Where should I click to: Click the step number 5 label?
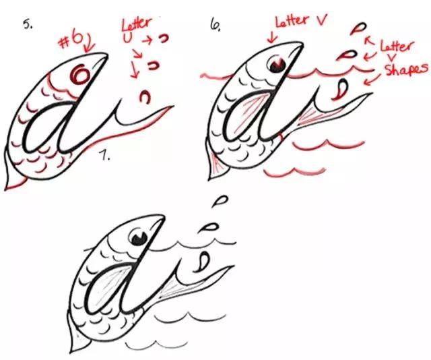tap(28, 24)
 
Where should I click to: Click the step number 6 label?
tap(215, 24)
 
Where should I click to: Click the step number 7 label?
tap(105, 156)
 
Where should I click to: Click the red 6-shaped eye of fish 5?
tap(79, 74)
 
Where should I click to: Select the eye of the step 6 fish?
tap(277, 64)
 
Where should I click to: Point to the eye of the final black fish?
tap(139, 237)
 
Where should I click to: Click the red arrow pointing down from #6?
tap(89, 42)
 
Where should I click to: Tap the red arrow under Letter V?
tap(271, 37)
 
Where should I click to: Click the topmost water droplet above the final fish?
tap(220, 201)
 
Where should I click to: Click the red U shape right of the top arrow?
tap(163, 38)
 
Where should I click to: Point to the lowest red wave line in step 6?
tap(295, 172)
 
